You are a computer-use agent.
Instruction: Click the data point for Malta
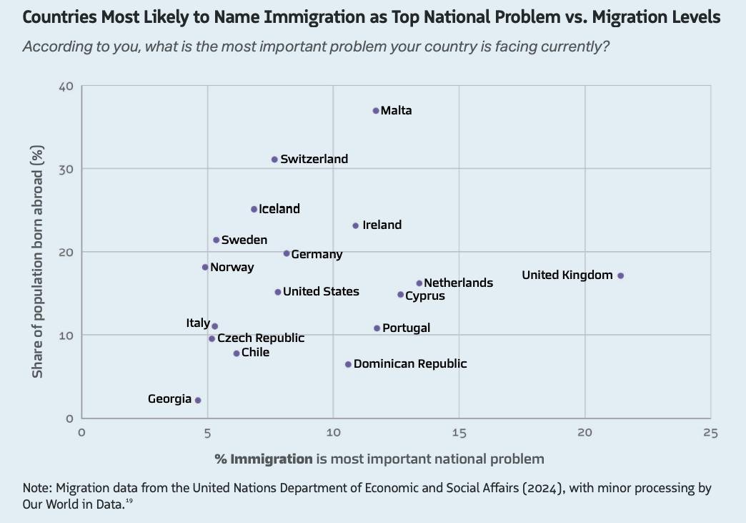pyautogui.click(x=376, y=111)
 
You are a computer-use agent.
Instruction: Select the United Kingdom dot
pyautogui.click(x=620, y=275)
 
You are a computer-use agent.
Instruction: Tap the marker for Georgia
pyautogui.click(x=198, y=400)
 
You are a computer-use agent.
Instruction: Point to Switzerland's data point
pyautogui.click(x=274, y=160)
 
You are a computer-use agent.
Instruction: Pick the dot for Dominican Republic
pyautogui.click(x=348, y=364)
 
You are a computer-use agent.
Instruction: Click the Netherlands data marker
pyautogui.click(x=419, y=283)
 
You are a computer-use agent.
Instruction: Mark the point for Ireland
pyautogui.click(x=356, y=225)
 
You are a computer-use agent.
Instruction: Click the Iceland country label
pyautogui.click(x=279, y=209)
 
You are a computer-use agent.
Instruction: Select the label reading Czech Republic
pyautogui.click(x=261, y=338)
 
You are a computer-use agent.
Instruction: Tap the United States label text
pyautogui.click(x=321, y=291)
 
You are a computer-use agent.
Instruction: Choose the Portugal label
pyautogui.click(x=406, y=328)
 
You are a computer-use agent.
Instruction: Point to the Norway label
pyautogui.click(x=232, y=268)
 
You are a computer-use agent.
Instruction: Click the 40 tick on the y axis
pyautogui.click(x=66, y=87)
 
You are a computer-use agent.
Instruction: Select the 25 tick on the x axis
pyautogui.click(x=710, y=433)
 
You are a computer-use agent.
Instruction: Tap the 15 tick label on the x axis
pyautogui.click(x=459, y=433)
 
